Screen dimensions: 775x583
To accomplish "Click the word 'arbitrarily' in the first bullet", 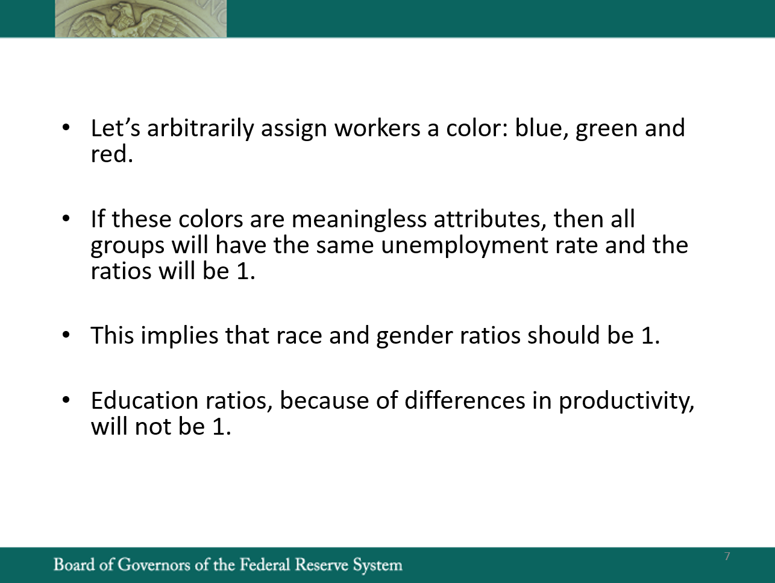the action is click(200, 128).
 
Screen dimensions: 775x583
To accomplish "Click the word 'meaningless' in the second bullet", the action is click(359, 219).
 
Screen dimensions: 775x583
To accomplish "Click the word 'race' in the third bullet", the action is click(299, 335).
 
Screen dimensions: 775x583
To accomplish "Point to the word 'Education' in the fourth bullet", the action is click(145, 401).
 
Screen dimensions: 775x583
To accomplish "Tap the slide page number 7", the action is click(727, 556).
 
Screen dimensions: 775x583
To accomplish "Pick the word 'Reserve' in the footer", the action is click(322, 564).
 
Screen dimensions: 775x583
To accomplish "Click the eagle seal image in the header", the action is click(140, 18).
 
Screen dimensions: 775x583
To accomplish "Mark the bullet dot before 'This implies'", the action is click(66, 335).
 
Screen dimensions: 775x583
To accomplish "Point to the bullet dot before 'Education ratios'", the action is click(66, 400).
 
